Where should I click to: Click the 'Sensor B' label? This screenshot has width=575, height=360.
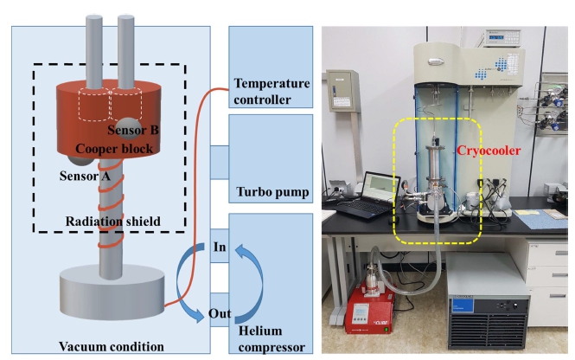click(x=133, y=130)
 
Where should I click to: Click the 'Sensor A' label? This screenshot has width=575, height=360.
click(x=85, y=177)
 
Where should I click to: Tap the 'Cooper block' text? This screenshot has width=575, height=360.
click(x=114, y=149)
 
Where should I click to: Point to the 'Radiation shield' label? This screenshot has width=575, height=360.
click(x=113, y=222)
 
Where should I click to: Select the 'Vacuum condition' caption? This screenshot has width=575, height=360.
click(x=112, y=346)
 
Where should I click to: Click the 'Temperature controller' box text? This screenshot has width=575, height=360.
click(x=272, y=92)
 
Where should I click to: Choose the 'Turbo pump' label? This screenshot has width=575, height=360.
click(x=272, y=192)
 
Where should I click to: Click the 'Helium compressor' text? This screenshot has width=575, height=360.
click(x=272, y=338)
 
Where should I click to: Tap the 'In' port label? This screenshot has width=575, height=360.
click(x=220, y=247)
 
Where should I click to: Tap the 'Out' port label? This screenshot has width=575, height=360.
click(x=220, y=313)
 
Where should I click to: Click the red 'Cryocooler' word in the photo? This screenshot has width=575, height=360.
click(x=489, y=151)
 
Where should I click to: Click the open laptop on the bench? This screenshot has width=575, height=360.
click(x=367, y=196)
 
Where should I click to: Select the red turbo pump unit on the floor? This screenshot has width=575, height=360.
click(x=370, y=308)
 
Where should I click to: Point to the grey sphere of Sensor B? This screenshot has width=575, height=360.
click(x=128, y=128)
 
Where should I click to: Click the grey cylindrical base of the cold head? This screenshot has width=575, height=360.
click(x=112, y=292)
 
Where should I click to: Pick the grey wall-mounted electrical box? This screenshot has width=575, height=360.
click(x=342, y=91)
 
